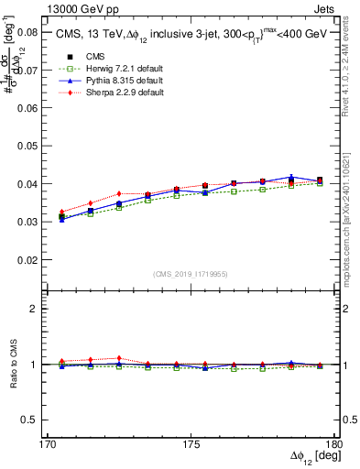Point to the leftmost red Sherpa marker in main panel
[x=61, y=212]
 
